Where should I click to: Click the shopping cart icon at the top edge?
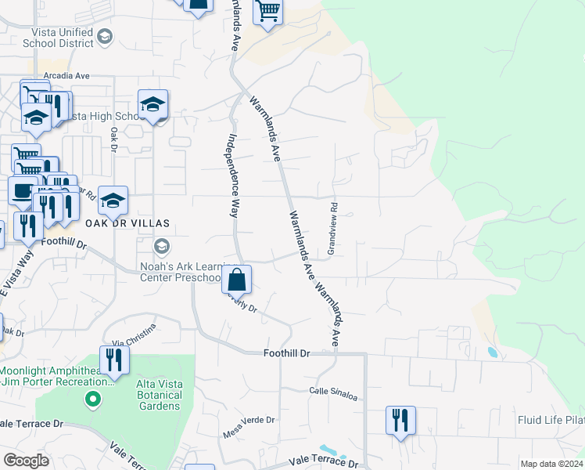[267, 12]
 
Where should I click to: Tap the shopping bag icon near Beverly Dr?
[236, 280]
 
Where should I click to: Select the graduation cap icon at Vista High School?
[153, 104]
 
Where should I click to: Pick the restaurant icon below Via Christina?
[115, 360]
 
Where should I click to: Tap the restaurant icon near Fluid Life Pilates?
[400, 420]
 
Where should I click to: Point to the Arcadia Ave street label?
[67, 76]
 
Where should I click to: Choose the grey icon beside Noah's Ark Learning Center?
[162, 247]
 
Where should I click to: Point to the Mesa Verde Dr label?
[251, 423]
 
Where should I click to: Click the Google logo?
[27, 461]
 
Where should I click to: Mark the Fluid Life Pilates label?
[551, 421]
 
